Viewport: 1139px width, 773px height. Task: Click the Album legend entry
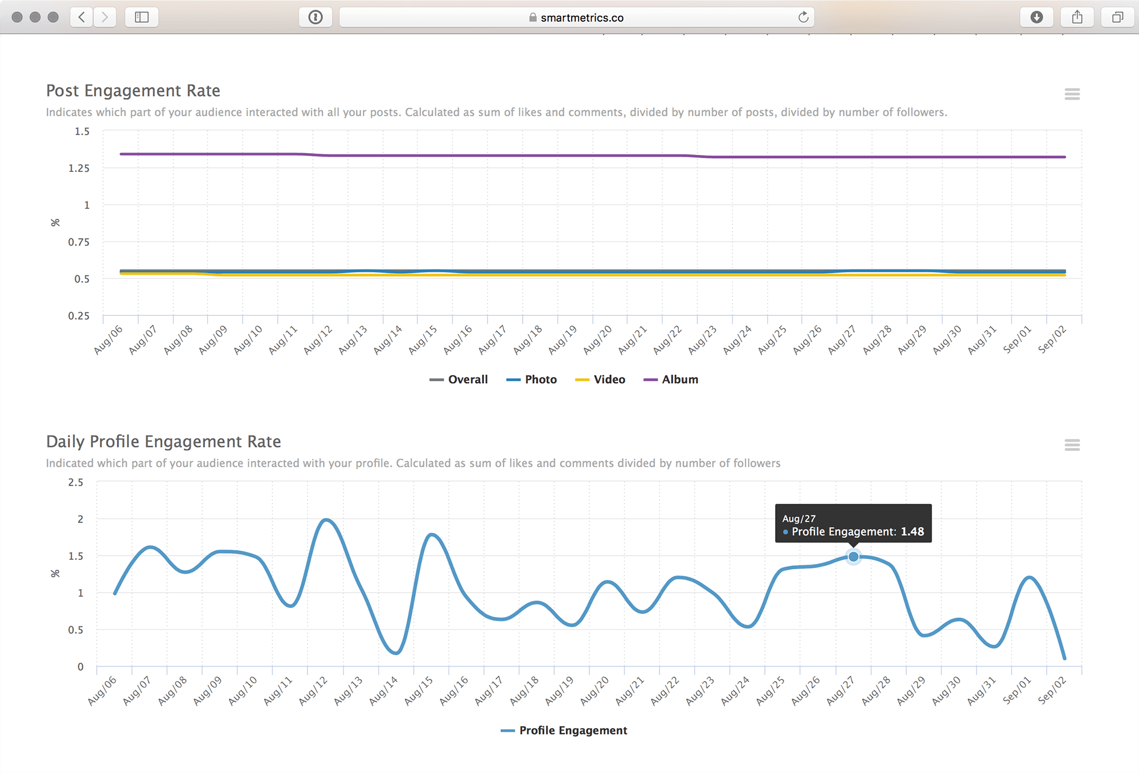[670, 380]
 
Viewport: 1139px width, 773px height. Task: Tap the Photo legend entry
[531, 380]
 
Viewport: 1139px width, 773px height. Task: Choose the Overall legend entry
[458, 380]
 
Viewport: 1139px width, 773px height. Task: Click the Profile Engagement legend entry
[564, 730]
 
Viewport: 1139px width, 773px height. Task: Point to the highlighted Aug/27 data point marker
[853, 557]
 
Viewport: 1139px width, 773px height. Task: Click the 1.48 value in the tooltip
[912, 532]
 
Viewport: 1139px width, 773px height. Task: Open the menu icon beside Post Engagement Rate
[1072, 94]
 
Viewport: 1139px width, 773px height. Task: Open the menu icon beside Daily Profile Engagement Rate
[1072, 445]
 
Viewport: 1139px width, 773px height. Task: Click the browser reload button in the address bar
[803, 17]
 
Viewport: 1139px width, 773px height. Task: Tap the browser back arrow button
[82, 17]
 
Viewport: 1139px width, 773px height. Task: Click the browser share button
[1077, 17]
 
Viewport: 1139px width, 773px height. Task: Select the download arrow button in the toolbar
[1036, 17]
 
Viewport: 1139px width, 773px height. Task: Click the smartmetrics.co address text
[582, 18]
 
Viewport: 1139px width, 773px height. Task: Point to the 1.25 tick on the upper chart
[79, 168]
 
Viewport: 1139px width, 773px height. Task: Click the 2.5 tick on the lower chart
[76, 482]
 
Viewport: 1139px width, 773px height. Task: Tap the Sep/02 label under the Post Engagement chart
[1052, 339]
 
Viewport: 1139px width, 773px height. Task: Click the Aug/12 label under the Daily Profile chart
[313, 690]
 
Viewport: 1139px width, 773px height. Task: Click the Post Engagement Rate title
[133, 91]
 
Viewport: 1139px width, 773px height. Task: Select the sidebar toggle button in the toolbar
[142, 17]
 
